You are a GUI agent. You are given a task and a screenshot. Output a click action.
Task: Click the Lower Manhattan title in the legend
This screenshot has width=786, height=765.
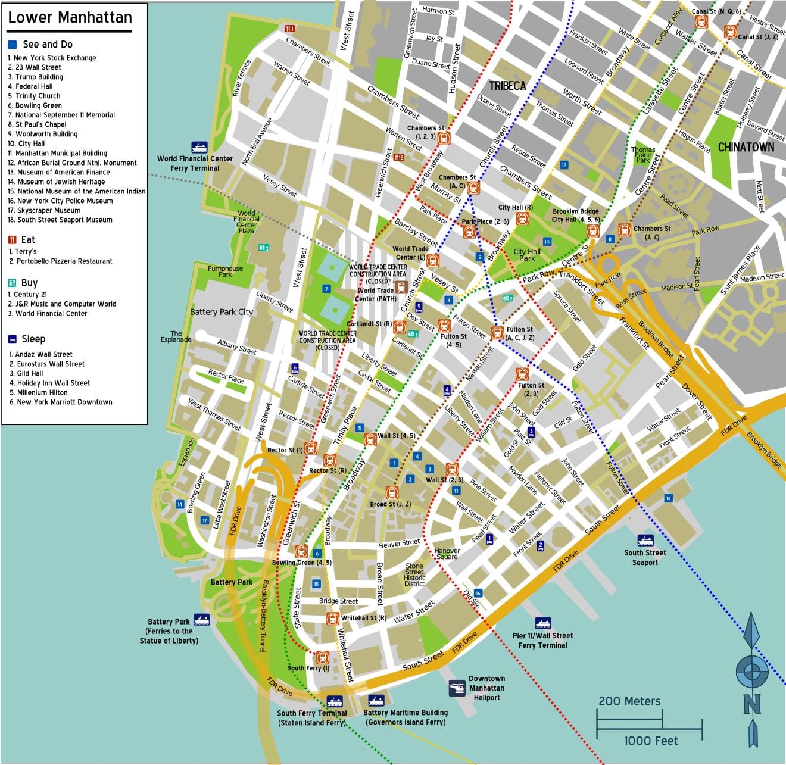70,18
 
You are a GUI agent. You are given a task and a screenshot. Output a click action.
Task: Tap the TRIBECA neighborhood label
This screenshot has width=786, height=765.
507,86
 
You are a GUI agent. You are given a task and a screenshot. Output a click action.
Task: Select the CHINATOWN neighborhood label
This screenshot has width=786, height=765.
746,147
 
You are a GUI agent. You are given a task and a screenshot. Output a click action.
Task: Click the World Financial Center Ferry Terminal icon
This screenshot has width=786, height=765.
199,147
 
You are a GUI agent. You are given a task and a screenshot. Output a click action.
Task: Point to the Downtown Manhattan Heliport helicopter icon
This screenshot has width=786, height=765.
457,688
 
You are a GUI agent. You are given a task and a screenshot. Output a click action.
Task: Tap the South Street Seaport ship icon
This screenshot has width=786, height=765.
645,541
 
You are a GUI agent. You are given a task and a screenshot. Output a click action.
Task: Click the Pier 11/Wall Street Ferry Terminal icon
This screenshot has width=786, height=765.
542,623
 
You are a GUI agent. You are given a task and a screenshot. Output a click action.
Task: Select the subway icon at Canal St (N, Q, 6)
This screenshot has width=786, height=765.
701,22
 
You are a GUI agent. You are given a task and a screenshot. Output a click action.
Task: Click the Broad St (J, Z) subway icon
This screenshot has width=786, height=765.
391,492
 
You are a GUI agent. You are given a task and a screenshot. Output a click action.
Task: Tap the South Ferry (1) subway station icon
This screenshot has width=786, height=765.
322,657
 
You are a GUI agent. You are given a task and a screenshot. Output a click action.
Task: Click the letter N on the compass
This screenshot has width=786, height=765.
751,705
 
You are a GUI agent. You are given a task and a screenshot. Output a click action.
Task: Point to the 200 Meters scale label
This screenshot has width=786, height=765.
629,701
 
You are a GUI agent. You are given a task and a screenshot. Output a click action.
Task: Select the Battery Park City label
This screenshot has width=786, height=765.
221,312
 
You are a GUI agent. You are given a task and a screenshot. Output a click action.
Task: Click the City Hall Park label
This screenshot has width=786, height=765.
527,255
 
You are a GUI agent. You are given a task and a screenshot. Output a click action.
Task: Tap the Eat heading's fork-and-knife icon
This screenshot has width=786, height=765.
13,240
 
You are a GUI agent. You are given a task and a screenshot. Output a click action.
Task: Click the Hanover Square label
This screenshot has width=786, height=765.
447,554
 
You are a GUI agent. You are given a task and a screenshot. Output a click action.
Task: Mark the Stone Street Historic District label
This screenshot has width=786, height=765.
414,574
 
